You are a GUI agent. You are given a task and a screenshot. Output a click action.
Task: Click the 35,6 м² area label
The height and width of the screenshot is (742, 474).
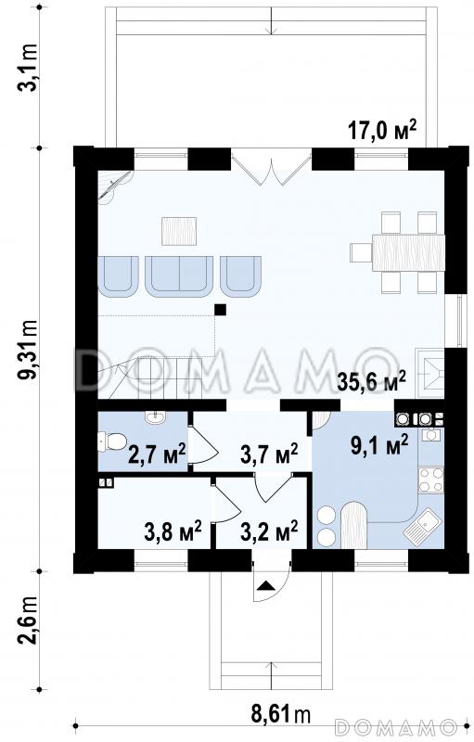tap(371, 382)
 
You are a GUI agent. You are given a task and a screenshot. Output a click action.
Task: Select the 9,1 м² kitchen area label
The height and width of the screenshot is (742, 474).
tap(380, 446)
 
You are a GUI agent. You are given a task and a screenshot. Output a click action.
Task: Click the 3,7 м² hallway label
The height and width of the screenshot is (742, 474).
tap(269, 454)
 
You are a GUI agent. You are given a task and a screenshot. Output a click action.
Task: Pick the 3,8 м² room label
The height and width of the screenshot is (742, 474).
tap(173, 531)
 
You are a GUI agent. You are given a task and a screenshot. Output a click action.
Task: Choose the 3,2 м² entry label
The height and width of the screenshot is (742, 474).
tap(269, 531)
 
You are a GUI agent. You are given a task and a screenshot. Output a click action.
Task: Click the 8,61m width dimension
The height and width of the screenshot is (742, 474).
tap(280, 714)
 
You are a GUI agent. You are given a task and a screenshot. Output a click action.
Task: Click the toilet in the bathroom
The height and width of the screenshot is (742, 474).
tap(111, 442)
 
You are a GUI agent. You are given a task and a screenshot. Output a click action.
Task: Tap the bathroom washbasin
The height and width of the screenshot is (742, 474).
tap(155, 418)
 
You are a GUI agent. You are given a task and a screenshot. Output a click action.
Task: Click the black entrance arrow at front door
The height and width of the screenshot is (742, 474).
tap(266, 586)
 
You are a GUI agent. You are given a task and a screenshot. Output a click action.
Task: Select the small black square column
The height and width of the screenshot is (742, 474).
tap(220, 310)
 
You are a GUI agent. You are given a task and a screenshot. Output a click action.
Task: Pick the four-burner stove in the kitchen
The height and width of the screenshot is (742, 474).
tap(431, 480)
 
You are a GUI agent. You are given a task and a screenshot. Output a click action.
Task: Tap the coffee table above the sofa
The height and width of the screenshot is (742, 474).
tap(179, 231)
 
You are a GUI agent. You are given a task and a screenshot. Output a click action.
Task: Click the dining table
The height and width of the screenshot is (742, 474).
tap(409, 252)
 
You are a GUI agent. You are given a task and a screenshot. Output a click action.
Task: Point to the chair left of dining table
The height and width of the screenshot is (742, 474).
tap(361, 252)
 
